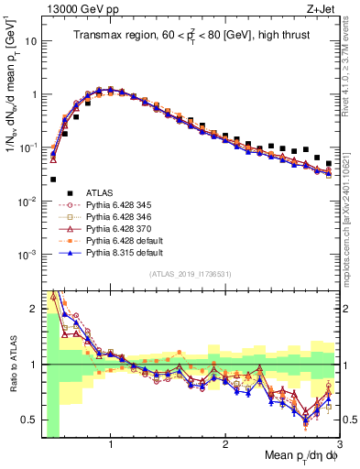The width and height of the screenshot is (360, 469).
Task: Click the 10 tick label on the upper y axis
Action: (x=31, y=41)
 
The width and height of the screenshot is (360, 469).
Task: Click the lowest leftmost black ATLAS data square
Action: (x=53, y=180)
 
